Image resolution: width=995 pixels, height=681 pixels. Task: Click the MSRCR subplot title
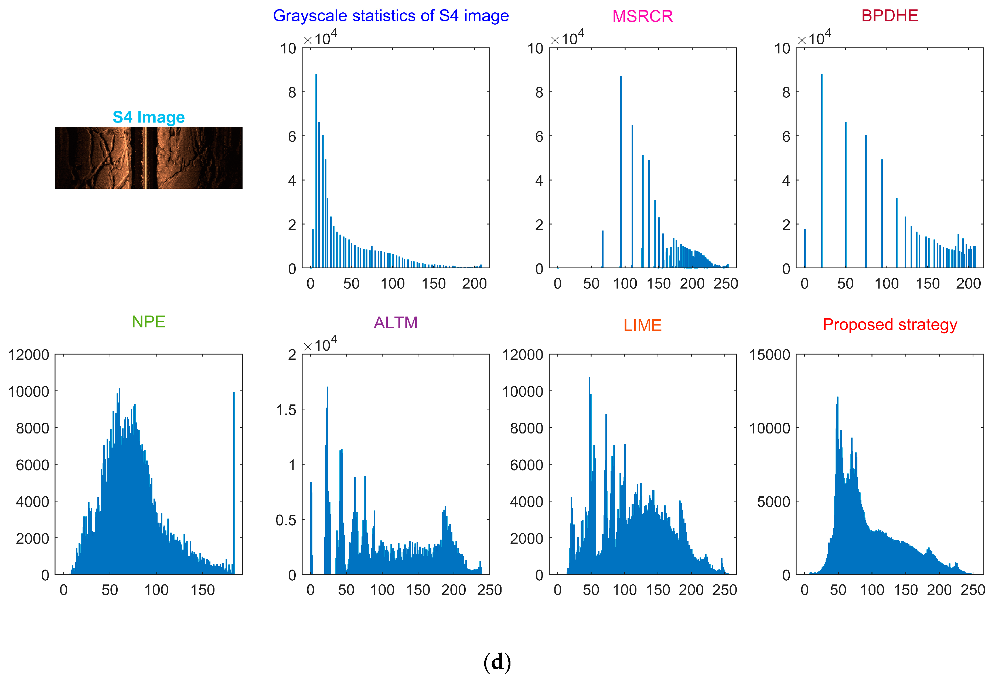point(642,16)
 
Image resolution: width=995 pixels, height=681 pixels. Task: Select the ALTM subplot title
point(395,323)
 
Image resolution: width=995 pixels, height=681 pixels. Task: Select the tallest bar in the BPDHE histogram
point(821,171)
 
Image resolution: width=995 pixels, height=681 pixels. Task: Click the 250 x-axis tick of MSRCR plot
point(725,283)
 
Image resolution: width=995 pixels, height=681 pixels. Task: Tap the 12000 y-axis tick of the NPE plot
point(29,355)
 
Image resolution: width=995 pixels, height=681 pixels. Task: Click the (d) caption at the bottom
point(497,662)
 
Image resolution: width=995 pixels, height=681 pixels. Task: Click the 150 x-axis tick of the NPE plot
point(203,590)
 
